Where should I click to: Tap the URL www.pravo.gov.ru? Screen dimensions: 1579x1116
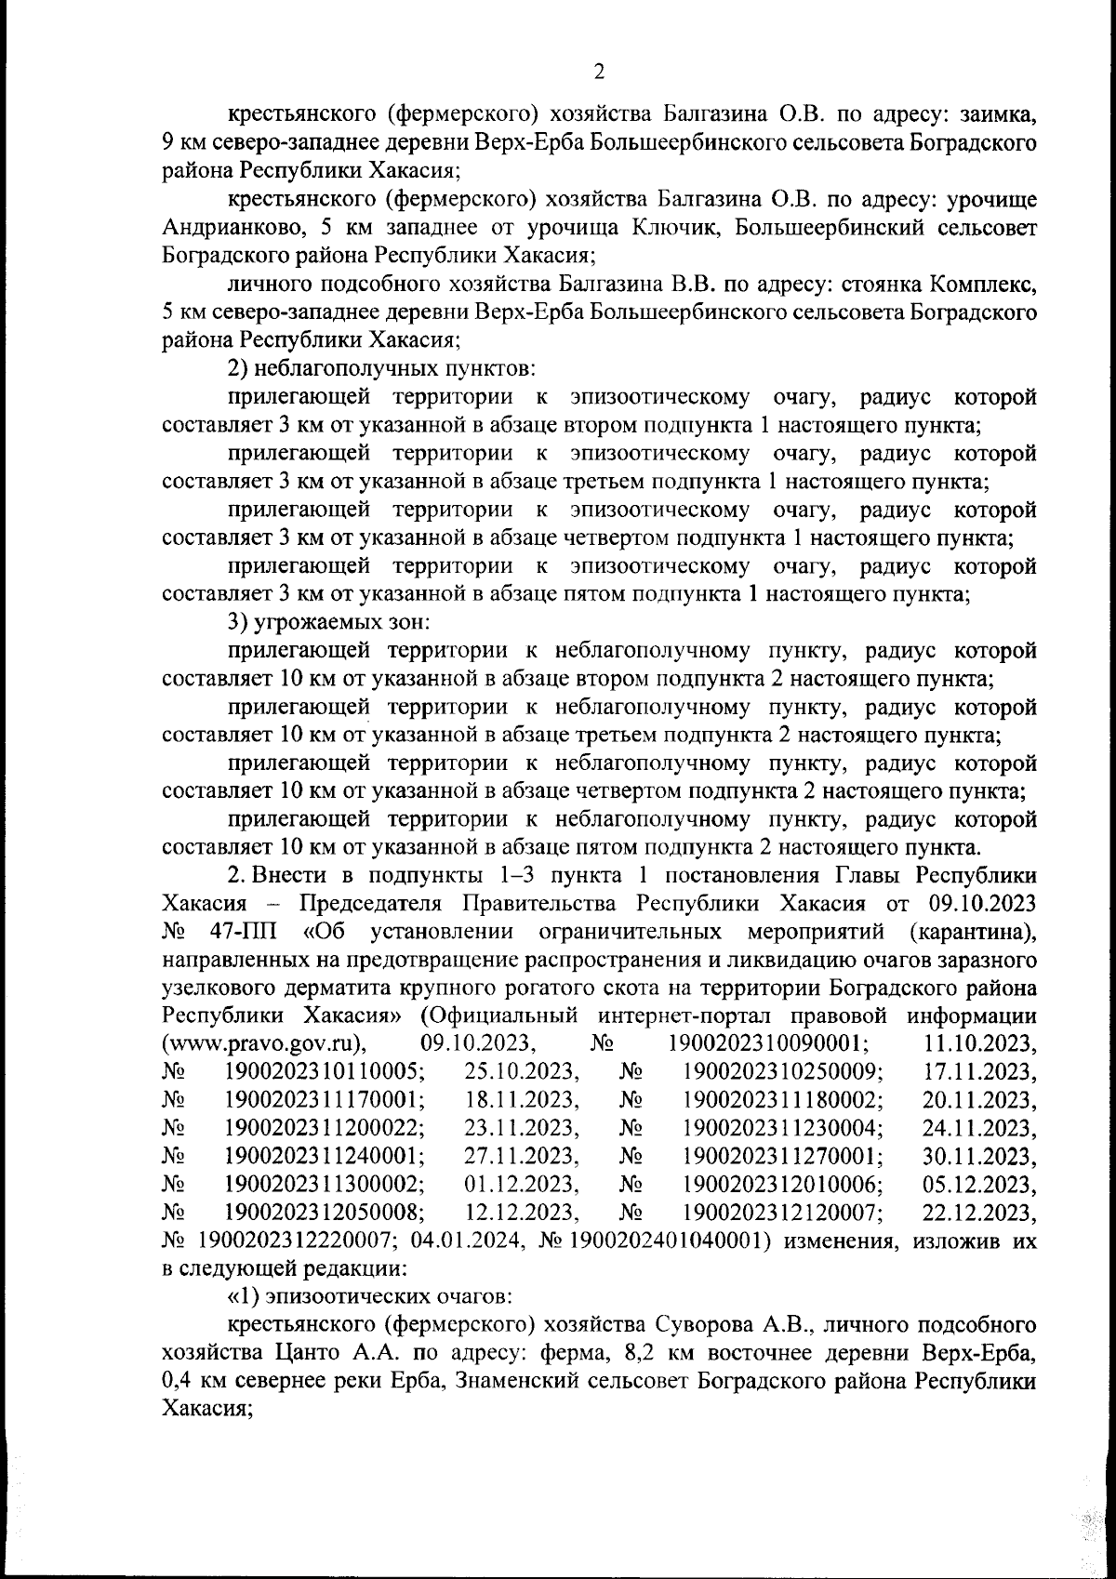point(263,1043)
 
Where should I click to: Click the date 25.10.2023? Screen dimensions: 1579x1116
point(522,1071)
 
